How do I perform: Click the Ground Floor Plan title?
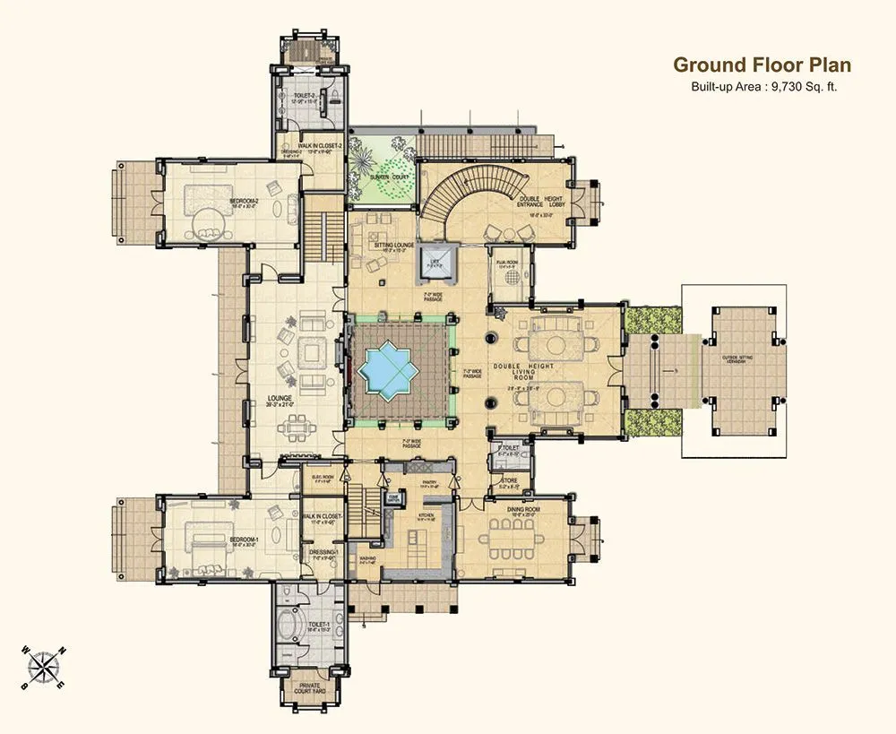point(762,65)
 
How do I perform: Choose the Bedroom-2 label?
point(244,201)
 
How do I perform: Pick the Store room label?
point(509,480)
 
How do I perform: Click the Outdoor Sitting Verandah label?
point(741,359)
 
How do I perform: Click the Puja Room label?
point(507,263)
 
